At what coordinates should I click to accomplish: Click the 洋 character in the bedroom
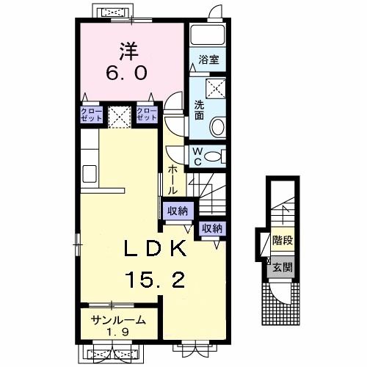[x=129, y=51]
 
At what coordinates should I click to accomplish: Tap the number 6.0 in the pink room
[x=127, y=73]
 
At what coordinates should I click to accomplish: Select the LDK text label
[x=155, y=248]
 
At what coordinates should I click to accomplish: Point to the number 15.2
[x=155, y=280]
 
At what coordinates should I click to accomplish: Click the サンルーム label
[x=118, y=320]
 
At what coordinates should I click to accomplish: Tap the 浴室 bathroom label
[x=208, y=59]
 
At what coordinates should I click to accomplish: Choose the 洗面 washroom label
[x=199, y=110]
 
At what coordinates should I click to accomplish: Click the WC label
[x=197, y=156]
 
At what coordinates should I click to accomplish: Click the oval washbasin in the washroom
[x=218, y=127]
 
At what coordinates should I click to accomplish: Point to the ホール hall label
[x=172, y=180]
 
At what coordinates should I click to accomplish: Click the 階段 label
[x=283, y=241]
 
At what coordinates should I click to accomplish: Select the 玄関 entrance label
[x=283, y=267]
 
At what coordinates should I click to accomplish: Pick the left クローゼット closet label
[x=91, y=115]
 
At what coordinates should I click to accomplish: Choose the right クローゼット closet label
[x=147, y=115]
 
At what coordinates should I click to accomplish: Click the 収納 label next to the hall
[x=178, y=211]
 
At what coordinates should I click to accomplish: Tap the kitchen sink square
[x=90, y=174]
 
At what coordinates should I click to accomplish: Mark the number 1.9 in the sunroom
[x=117, y=332]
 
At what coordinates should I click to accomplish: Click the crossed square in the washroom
[x=216, y=88]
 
